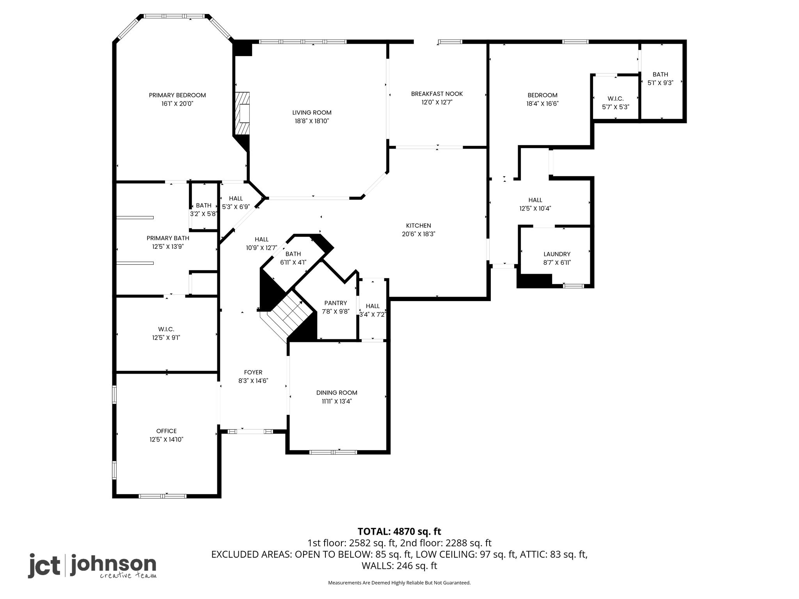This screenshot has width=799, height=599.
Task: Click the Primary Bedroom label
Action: tap(177, 95)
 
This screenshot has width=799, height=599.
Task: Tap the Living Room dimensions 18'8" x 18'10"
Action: tap(312, 121)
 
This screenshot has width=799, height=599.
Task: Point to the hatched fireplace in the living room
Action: tap(242, 113)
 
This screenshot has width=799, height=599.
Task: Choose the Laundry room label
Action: tap(557, 254)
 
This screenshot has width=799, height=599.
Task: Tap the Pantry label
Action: tap(336, 303)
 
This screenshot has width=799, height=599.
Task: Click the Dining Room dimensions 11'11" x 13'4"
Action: tap(337, 401)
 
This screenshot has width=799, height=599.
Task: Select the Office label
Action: tap(167, 431)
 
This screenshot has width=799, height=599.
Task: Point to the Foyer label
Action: tap(253, 372)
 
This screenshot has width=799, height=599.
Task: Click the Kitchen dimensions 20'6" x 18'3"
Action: tap(419, 234)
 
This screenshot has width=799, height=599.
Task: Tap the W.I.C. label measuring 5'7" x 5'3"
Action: tap(616, 99)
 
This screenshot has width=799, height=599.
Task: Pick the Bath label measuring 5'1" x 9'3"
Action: tap(661, 74)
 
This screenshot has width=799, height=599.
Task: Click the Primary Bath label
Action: tap(168, 238)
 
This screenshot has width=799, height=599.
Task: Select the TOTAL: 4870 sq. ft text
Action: tap(399, 532)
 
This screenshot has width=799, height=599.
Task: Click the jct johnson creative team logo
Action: tap(92, 565)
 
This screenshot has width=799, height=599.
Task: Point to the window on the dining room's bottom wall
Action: tap(333, 452)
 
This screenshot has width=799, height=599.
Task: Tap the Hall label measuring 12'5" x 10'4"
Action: tap(535, 200)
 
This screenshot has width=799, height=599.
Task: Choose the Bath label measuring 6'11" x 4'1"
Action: tap(293, 254)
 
